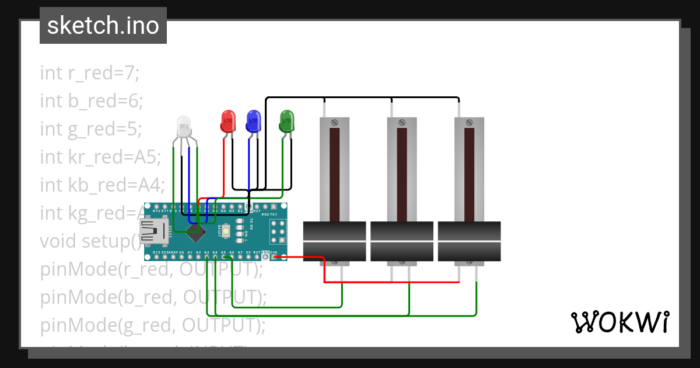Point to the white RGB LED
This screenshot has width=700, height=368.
184,124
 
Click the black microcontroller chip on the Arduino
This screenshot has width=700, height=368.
198,232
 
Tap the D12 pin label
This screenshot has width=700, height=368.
156,211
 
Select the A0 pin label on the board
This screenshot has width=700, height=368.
181,252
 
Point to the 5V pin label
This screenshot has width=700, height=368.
249,252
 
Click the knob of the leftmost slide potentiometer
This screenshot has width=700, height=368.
335,241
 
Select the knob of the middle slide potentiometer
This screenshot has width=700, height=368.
402,241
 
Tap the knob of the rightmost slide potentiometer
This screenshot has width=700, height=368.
469,241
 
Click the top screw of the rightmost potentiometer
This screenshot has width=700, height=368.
469,123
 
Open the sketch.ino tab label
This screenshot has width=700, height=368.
103,26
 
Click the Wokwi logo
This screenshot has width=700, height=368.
619,322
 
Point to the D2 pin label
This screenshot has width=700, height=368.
240,211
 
